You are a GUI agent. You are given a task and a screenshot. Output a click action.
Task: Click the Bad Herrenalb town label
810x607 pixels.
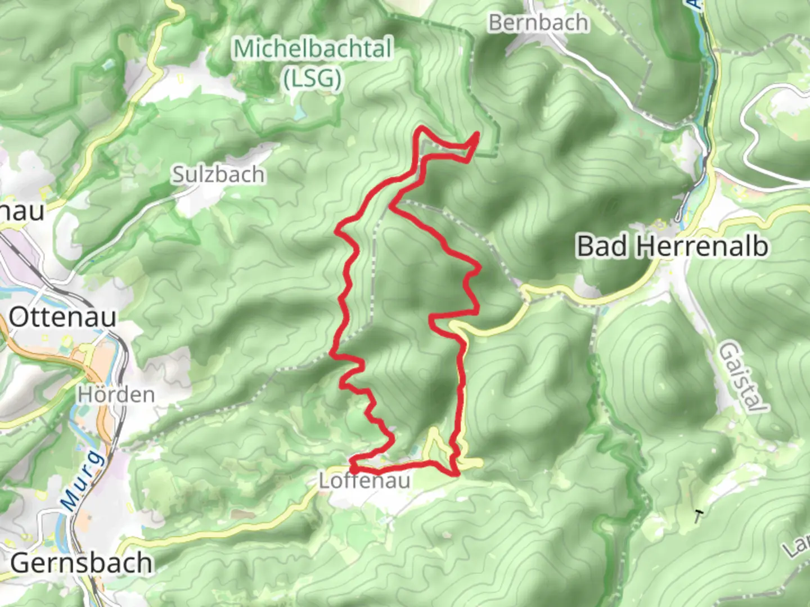point(672,246)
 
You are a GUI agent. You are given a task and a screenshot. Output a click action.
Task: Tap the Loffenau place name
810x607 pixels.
point(364,481)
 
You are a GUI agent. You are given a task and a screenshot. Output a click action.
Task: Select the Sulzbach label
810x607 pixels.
point(218,174)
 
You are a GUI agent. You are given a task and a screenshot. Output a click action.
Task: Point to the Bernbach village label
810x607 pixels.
point(538,22)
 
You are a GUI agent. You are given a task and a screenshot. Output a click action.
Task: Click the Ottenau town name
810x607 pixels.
point(62,318)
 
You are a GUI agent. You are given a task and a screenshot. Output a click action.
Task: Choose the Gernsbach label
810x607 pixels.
point(82,563)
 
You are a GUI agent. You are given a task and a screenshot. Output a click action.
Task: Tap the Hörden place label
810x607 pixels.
point(116,394)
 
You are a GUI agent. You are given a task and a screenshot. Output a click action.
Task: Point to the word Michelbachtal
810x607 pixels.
point(313,48)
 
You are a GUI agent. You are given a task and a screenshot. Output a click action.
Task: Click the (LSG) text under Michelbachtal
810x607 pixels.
point(313,79)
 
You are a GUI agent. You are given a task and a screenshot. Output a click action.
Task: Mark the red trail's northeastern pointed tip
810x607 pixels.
point(478,133)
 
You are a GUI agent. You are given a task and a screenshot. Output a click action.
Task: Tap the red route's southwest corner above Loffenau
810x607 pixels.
point(352,464)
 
